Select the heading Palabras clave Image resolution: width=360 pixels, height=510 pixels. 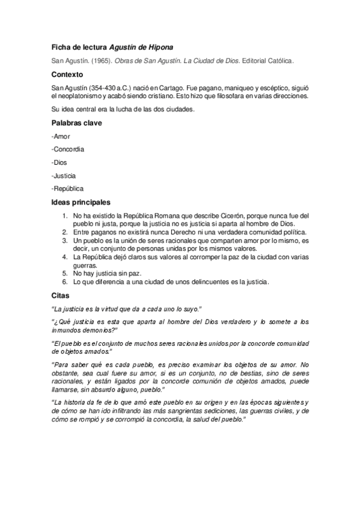(x=77, y=123)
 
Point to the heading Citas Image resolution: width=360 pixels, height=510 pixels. (x=61, y=295)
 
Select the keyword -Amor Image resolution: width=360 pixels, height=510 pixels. (x=62, y=136)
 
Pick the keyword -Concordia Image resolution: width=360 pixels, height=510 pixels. (x=68, y=149)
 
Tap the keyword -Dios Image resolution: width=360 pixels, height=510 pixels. (x=61, y=162)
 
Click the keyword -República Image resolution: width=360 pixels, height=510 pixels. (x=68, y=189)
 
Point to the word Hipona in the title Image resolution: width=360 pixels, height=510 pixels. (x=159, y=47)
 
